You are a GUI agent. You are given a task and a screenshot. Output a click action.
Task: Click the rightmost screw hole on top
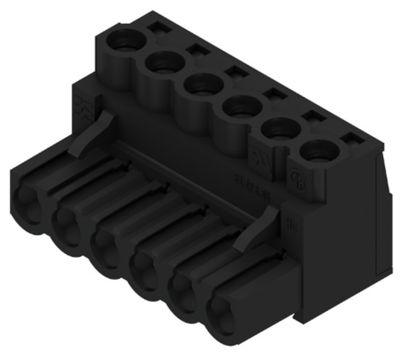coord(318,151)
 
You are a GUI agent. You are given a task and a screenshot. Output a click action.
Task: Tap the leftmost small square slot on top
coord(157,27)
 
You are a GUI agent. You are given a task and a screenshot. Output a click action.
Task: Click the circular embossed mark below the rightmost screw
coord(297,177)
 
